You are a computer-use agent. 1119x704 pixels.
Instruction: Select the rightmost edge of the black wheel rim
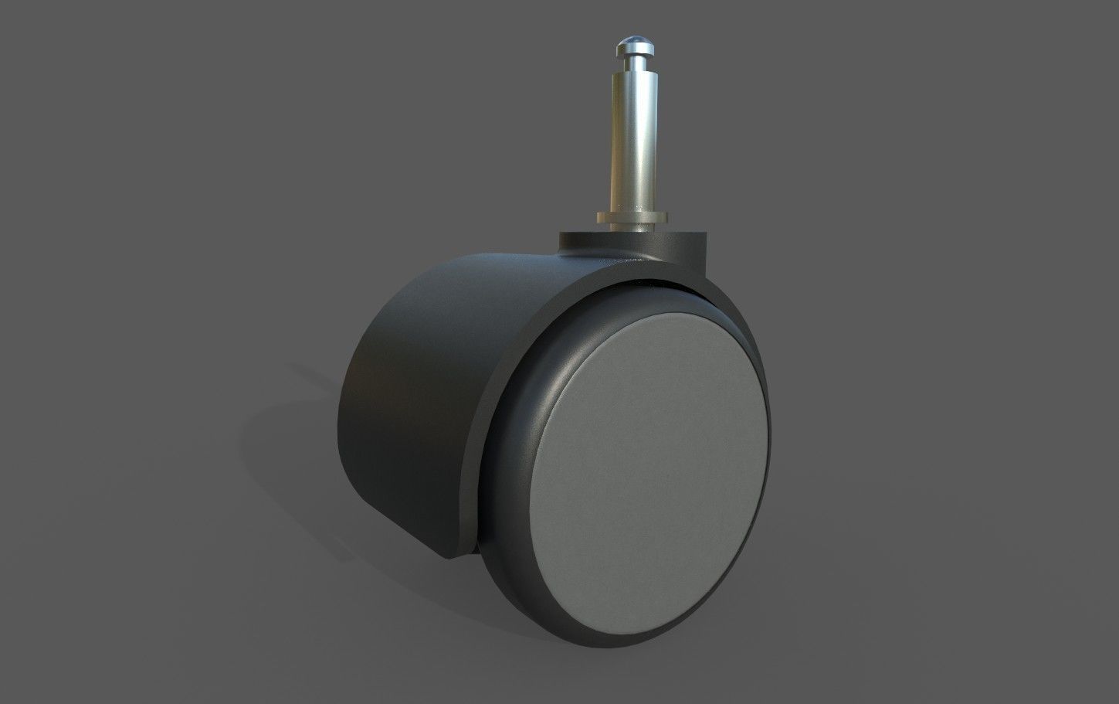coord(771,433)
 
